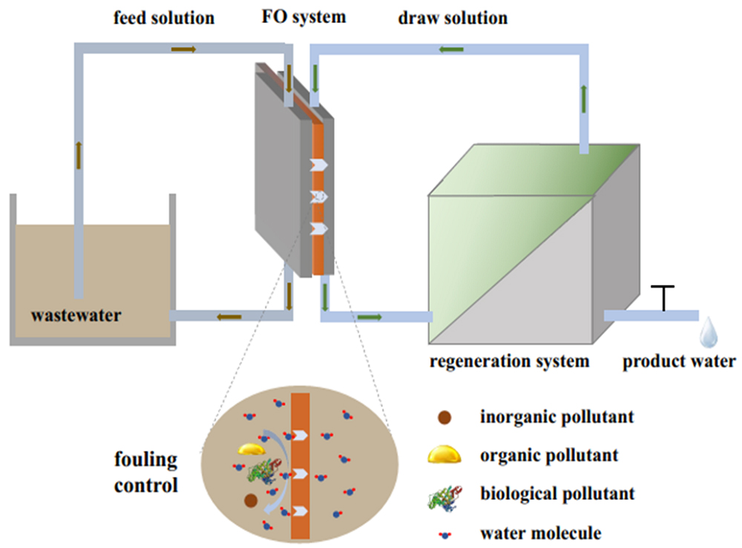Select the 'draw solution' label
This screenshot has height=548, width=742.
(452, 17)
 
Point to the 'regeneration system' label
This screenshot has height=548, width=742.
(510, 362)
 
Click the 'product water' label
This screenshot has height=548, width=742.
(679, 362)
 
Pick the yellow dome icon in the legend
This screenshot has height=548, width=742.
(444, 455)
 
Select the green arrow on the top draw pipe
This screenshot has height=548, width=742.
(451, 50)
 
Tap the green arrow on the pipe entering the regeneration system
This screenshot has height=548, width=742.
(370, 317)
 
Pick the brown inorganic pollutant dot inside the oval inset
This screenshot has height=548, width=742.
(251, 501)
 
